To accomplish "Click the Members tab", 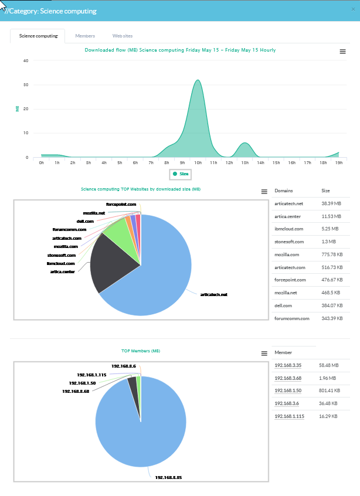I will point(85,36).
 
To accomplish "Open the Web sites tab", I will point(123,36).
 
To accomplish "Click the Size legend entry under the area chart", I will point(181,174).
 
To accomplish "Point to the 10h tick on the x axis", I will point(198,162).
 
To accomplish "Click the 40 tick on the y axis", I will point(25,60).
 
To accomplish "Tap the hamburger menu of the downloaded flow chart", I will point(343,52).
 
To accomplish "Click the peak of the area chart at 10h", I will point(198,80).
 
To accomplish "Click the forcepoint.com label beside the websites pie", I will point(121,205).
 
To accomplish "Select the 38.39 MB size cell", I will point(331,203).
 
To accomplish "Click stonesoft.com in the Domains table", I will point(289,242).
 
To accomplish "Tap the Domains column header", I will point(284,191).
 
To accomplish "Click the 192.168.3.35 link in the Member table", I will point(287,365).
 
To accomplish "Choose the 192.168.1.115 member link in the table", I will point(288,416).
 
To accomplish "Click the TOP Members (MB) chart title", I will point(141,351).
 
